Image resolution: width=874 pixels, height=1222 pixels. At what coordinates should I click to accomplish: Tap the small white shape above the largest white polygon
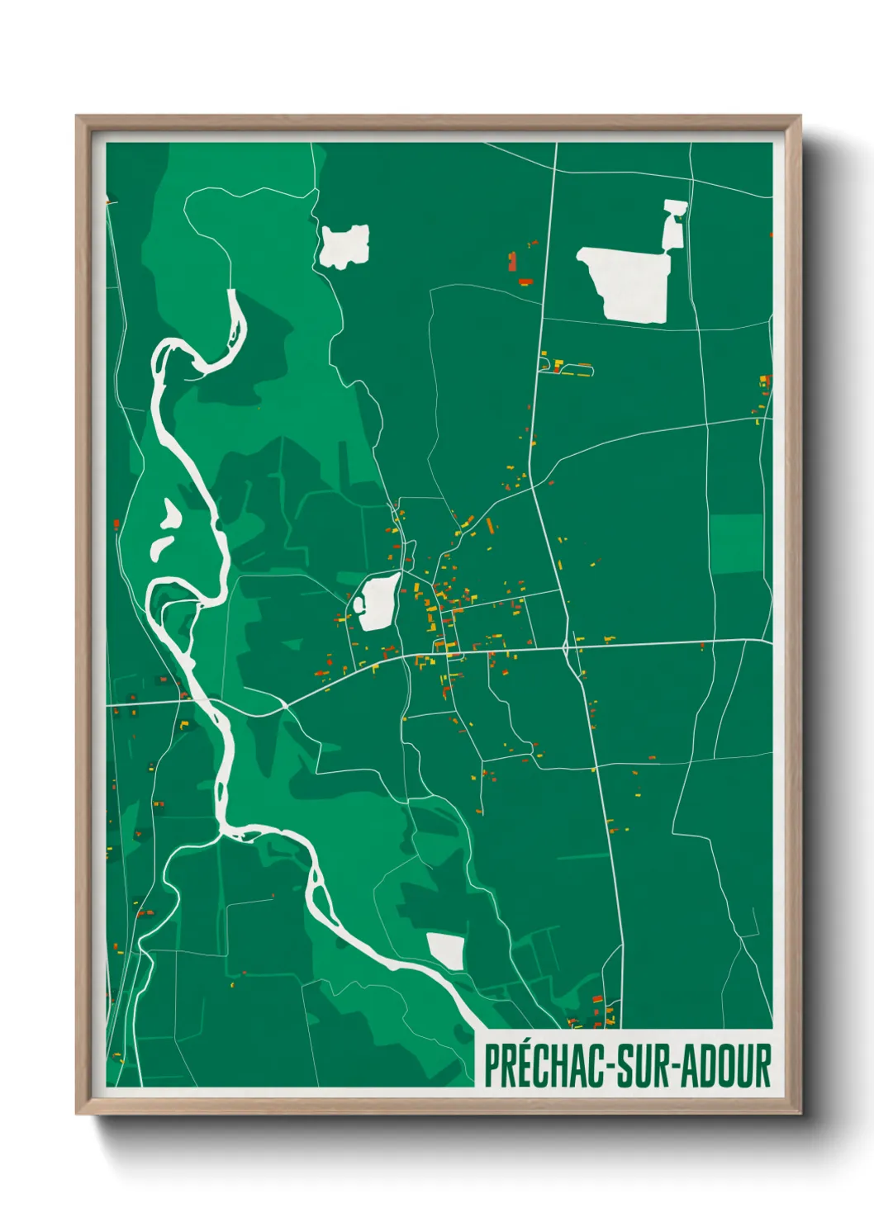(x=673, y=223)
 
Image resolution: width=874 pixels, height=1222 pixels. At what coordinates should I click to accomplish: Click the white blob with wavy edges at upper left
(x=344, y=245)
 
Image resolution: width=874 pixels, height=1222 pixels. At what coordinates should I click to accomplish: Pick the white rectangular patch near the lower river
(x=445, y=951)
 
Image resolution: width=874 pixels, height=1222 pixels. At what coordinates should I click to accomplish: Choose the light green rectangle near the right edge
(x=736, y=544)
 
